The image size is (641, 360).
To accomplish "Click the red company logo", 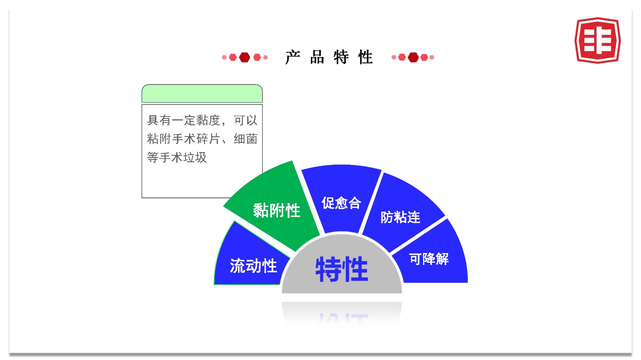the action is (x=597, y=40).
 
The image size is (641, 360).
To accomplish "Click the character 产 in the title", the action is (x=293, y=57).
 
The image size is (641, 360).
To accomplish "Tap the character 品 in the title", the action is (x=317, y=57).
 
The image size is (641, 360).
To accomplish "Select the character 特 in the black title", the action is (x=341, y=57).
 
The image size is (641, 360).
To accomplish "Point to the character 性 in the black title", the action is (x=365, y=57).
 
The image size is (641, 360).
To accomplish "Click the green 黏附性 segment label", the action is (x=276, y=211).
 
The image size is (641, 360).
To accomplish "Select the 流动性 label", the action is (x=253, y=266).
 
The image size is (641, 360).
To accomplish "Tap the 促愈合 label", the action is (x=341, y=203).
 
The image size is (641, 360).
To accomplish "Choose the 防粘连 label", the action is (x=400, y=217).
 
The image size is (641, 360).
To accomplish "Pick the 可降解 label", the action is (x=429, y=259).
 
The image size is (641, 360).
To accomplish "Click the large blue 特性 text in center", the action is (x=341, y=269).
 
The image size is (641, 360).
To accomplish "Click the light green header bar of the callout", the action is (x=202, y=93).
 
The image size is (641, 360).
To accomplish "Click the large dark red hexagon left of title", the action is (x=244, y=57).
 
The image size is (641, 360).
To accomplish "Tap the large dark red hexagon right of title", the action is (x=413, y=57).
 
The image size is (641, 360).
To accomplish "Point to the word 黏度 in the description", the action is (x=208, y=121).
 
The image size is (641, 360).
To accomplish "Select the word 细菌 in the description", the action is (x=246, y=139).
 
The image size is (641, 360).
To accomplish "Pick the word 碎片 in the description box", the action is (x=208, y=139).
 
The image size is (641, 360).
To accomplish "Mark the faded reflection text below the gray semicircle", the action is (x=342, y=318).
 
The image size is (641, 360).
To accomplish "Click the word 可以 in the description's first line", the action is (x=246, y=121).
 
